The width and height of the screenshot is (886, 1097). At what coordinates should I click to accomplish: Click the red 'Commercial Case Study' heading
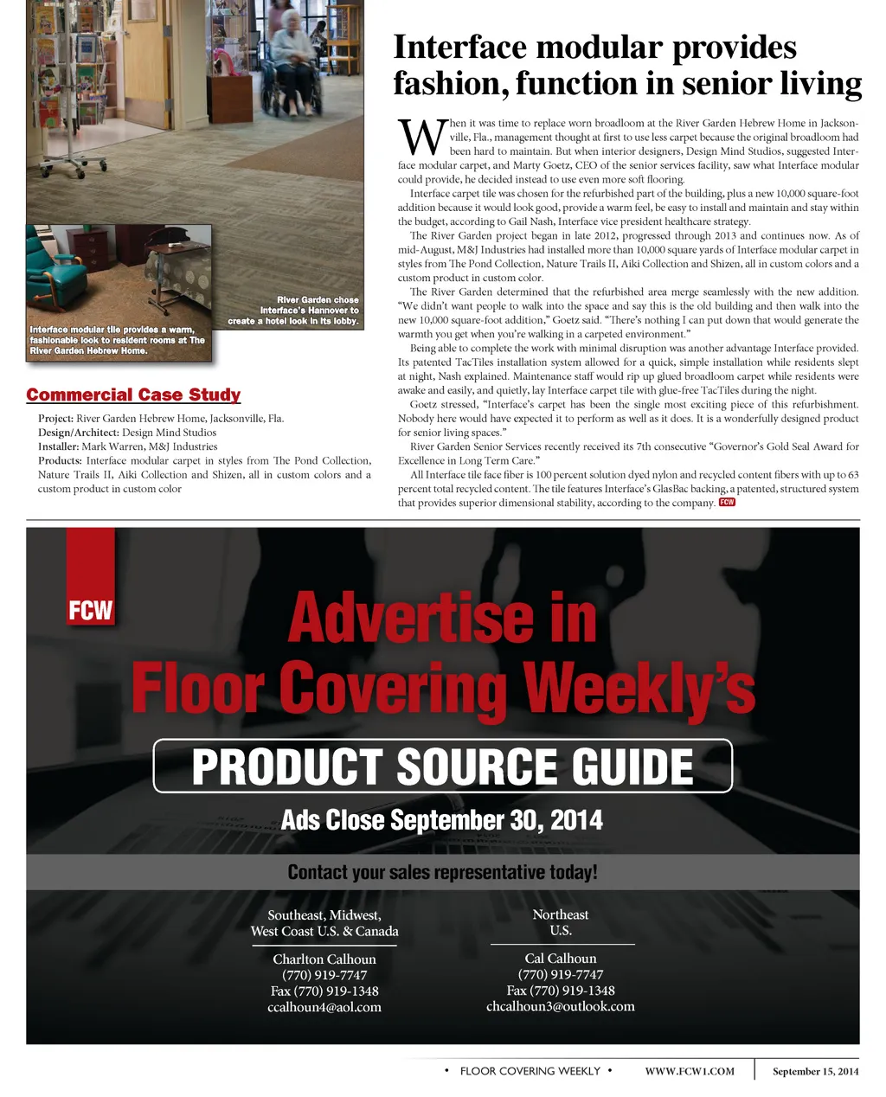coord(133,395)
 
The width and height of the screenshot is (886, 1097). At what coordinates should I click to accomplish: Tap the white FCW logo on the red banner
coord(91,611)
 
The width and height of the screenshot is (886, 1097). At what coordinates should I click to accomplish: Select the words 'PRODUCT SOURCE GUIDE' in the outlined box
coord(442,767)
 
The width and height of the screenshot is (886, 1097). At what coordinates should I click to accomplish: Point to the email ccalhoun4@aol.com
coord(324,1007)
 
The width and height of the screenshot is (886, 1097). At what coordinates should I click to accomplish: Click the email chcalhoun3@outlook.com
coord(561,1006)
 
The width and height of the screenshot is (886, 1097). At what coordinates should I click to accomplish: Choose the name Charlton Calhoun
coord(324,959)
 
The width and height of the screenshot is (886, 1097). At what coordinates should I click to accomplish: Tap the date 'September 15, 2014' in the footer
coord(815,1071)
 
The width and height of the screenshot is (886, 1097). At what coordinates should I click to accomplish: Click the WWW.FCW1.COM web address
coord(690,1071)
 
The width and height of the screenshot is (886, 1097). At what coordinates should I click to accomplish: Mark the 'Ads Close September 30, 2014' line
coord(442,820)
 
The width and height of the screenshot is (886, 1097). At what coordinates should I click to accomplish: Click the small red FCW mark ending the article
coord(727,502)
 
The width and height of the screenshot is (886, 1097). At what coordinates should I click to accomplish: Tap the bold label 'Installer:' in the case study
coord(59,446)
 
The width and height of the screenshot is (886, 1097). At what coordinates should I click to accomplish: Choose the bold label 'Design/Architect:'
coord(79,433)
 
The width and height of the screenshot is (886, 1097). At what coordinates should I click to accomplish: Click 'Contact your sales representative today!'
coord(442,872)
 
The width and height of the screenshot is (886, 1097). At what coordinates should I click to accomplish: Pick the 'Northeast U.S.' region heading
coord(561,922)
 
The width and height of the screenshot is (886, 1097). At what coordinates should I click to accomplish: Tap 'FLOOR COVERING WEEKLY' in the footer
coord(530,1071)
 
